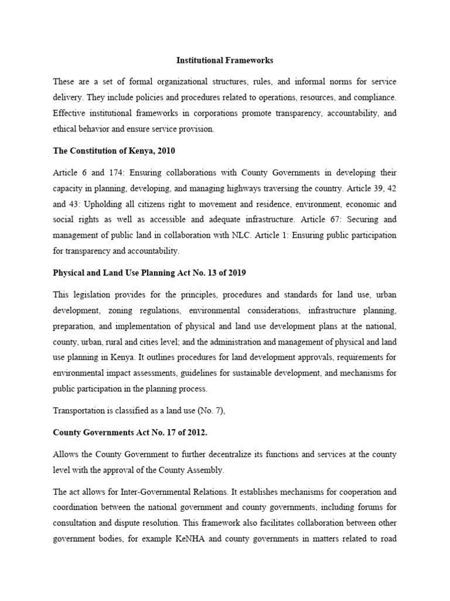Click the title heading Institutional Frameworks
(x=225, y=60)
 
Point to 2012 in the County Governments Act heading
(x=175, y=433)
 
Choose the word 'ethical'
(x=65, y=129)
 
